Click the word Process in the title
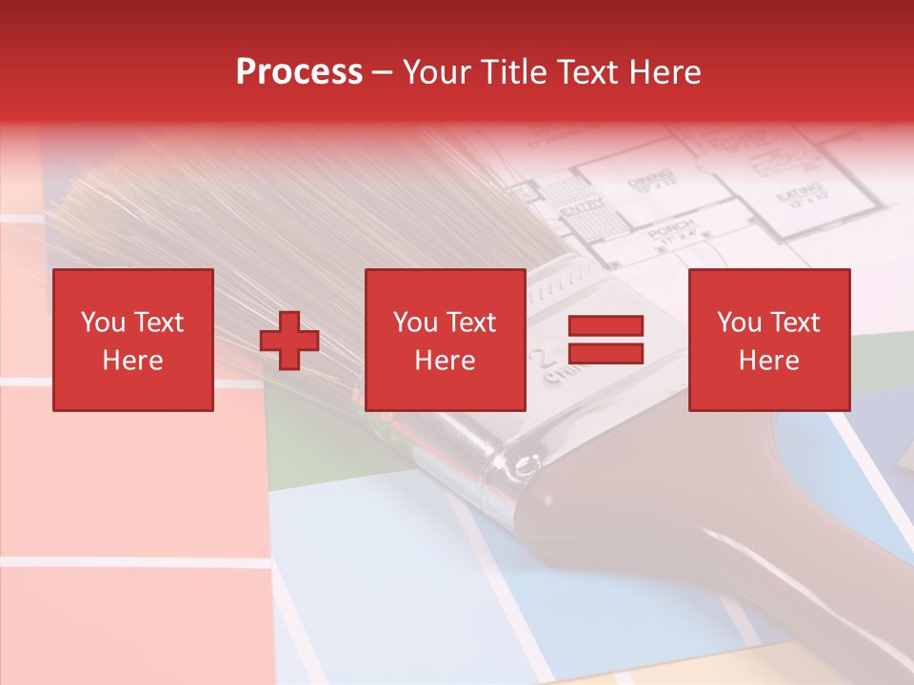(x=299, y=72)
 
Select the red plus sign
(x=289, y=341)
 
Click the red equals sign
(x=606, y=340)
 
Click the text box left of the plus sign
(x=133, y=340)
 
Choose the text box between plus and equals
(x=446, y=340)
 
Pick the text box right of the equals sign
(x=769, y=340)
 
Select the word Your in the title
(x=436, y=72)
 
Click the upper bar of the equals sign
(x=606, y=326)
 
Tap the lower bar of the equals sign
(x=606, y=353)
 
